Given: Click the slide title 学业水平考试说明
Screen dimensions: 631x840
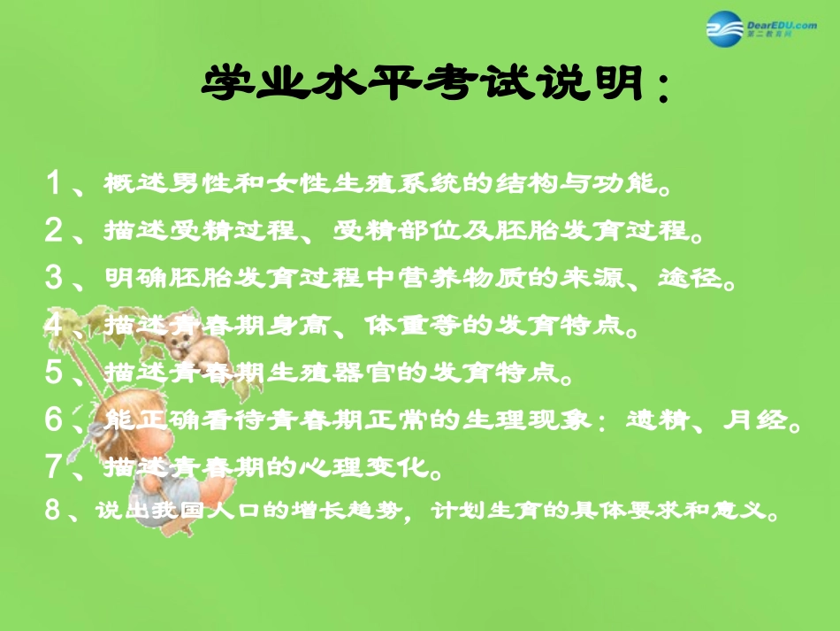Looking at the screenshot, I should pos(433,86).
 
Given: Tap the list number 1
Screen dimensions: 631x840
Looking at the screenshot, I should pos(55,184).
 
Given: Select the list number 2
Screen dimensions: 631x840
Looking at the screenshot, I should pos(55,231).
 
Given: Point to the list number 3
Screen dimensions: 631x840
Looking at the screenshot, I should pos(55,278).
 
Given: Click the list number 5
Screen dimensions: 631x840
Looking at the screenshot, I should pos(55,373).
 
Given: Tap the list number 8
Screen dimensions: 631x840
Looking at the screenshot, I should pos(55,511).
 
